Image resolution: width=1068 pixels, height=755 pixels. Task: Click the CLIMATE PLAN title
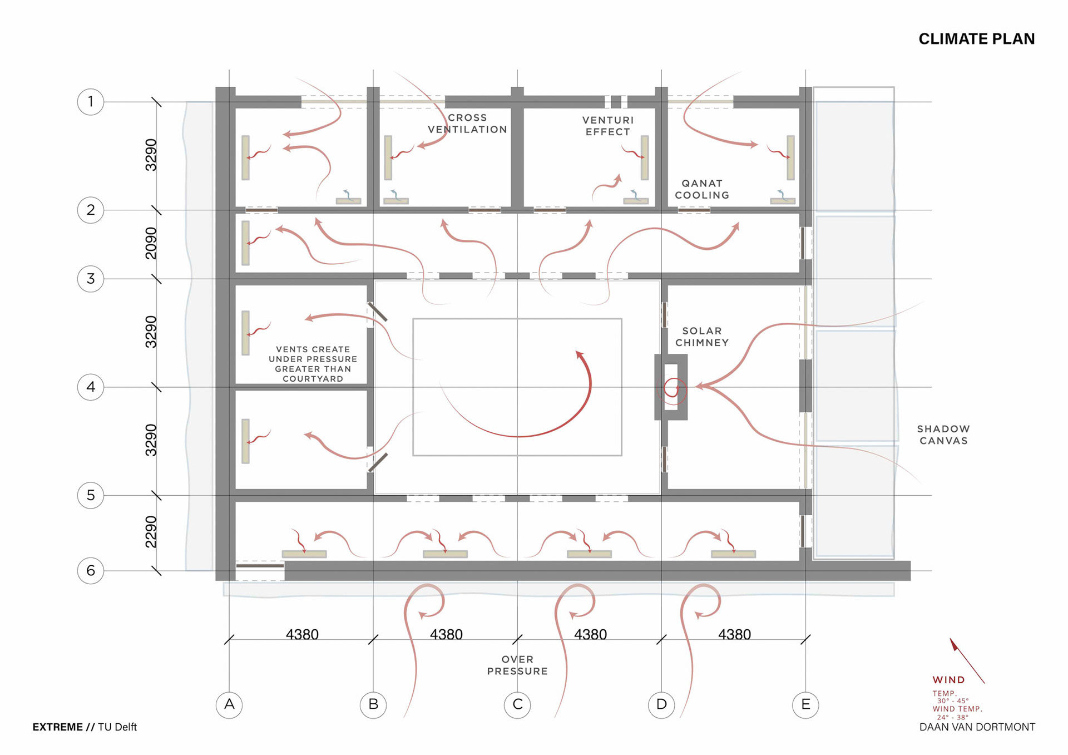(x=976, y=39)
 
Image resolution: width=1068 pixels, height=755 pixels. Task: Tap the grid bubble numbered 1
(x=91, y=102)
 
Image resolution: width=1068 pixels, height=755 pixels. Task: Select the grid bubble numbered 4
(x=91, y=387)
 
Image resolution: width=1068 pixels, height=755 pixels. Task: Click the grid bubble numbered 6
(x=91, y=570)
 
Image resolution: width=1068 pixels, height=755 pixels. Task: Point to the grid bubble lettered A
(x=229, y=704)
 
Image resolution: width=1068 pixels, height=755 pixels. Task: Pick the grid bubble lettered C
(x=517, y=704)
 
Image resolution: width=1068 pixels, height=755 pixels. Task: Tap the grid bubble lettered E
(x=805, y=704)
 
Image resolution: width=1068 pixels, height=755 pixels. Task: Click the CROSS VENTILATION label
(x=467, y=124)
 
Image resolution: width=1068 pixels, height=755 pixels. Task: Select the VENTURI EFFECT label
(x=608, y=126)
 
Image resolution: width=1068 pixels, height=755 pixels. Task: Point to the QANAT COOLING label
(x=702, y=189)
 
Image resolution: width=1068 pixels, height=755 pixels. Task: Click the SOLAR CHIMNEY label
(x=702, y=337)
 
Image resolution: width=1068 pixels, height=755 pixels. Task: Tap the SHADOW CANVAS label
(x=943, y=435)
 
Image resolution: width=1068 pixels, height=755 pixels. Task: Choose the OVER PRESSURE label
(x=517, y=665)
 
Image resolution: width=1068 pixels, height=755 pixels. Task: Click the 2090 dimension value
(x=151, y=243)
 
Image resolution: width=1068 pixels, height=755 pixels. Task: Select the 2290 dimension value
(x=151, y=532)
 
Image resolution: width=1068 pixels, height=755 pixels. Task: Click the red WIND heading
(x=948, y=680)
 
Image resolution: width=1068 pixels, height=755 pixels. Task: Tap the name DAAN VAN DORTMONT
(x=977, y=727)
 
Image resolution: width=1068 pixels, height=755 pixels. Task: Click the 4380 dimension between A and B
(x=302, y=634)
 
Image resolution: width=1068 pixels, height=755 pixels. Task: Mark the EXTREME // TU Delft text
(x=85, y=727)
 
